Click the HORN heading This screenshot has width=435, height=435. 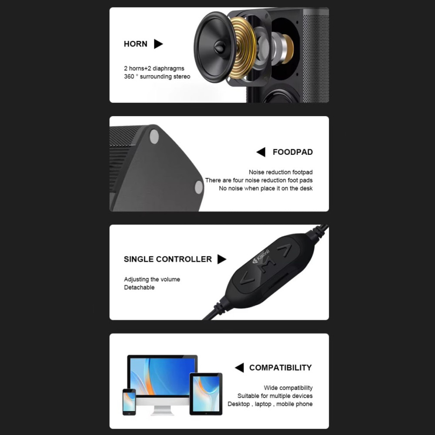click(135, 44)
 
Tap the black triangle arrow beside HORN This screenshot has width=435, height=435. click(158, 44)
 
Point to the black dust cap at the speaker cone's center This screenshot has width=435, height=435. click(219, 47)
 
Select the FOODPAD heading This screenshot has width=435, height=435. click(293, 152)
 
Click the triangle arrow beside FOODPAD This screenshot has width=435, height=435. click(261, 152)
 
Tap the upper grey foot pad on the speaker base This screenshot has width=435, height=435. click(154, 137)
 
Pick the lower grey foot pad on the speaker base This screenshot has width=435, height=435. click(199, 187)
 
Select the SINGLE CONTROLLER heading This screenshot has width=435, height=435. click(167, 259)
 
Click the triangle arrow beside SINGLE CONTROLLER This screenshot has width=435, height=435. click(222, 259)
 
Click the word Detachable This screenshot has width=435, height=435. click(139, 288)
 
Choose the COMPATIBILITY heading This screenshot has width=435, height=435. click(281, 368)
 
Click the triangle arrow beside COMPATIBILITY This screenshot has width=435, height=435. click(239, 368)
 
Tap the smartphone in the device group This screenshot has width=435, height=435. click(129, 402)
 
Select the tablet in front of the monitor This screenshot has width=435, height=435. click(206, 394)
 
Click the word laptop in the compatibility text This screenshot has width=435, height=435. click(263, 404)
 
